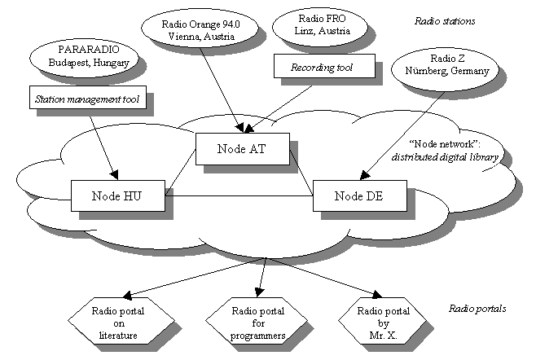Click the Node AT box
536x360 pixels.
point(244,148)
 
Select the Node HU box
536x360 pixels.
point(117,195)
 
